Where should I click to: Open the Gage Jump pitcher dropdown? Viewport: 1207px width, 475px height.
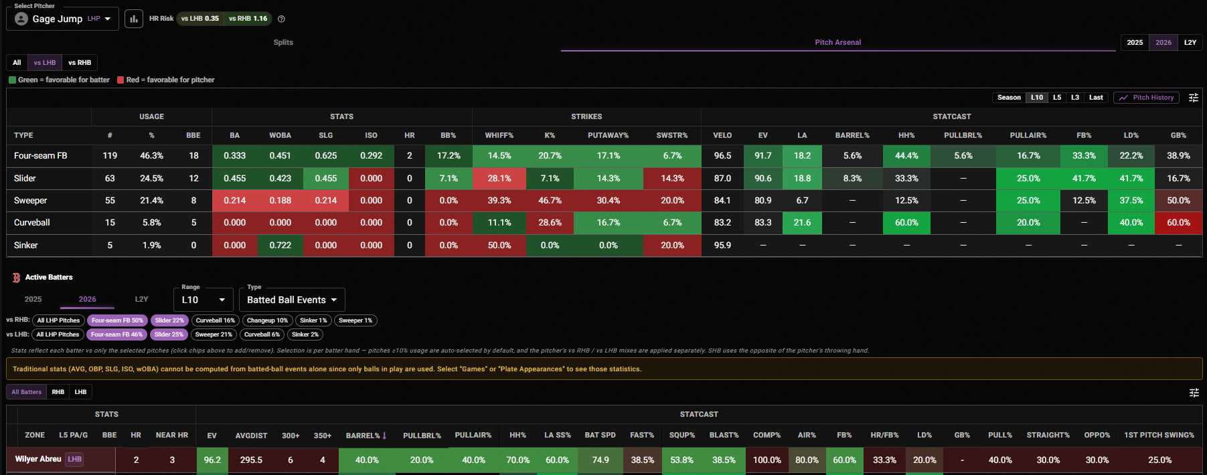(x=62, y=19)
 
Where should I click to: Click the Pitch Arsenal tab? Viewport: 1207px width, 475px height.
(x=837, y=42)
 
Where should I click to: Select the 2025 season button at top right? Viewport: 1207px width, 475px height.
(x=1135, y=42)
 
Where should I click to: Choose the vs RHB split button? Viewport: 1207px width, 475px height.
(x=80, y=63)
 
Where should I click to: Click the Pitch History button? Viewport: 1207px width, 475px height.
(x=1146, y=98)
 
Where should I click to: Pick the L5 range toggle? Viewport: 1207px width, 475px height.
(x=1057, y=98)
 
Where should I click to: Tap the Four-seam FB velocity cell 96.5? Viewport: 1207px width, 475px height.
(x=722, y=156)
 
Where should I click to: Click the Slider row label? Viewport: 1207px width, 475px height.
(x=25, y=179)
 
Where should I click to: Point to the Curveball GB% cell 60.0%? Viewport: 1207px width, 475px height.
(x=1178, y=223)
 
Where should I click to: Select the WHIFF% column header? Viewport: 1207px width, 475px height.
(x=499, y=135)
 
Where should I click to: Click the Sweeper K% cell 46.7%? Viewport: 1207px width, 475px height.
(x=550, y=201)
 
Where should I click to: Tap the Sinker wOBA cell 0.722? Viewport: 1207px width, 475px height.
(x=280, y=246)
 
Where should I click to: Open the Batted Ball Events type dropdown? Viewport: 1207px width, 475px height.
(x=292, y=300)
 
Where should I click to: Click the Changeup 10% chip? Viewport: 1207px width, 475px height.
(x=267, y=320)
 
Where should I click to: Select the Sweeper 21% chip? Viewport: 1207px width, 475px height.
(x=214, y=335)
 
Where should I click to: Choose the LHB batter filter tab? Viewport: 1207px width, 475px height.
(x=80, y=392)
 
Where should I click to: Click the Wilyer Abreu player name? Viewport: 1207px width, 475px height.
(x=38, y=459)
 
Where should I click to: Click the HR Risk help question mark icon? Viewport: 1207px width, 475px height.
(x=281, y=19)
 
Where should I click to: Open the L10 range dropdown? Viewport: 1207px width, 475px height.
(x=204, y=300)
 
